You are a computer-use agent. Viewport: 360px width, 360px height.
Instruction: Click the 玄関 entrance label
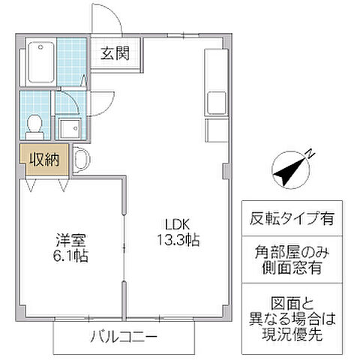(x=116, y=53)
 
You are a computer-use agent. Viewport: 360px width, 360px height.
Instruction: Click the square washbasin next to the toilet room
(x=70, y=127)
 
